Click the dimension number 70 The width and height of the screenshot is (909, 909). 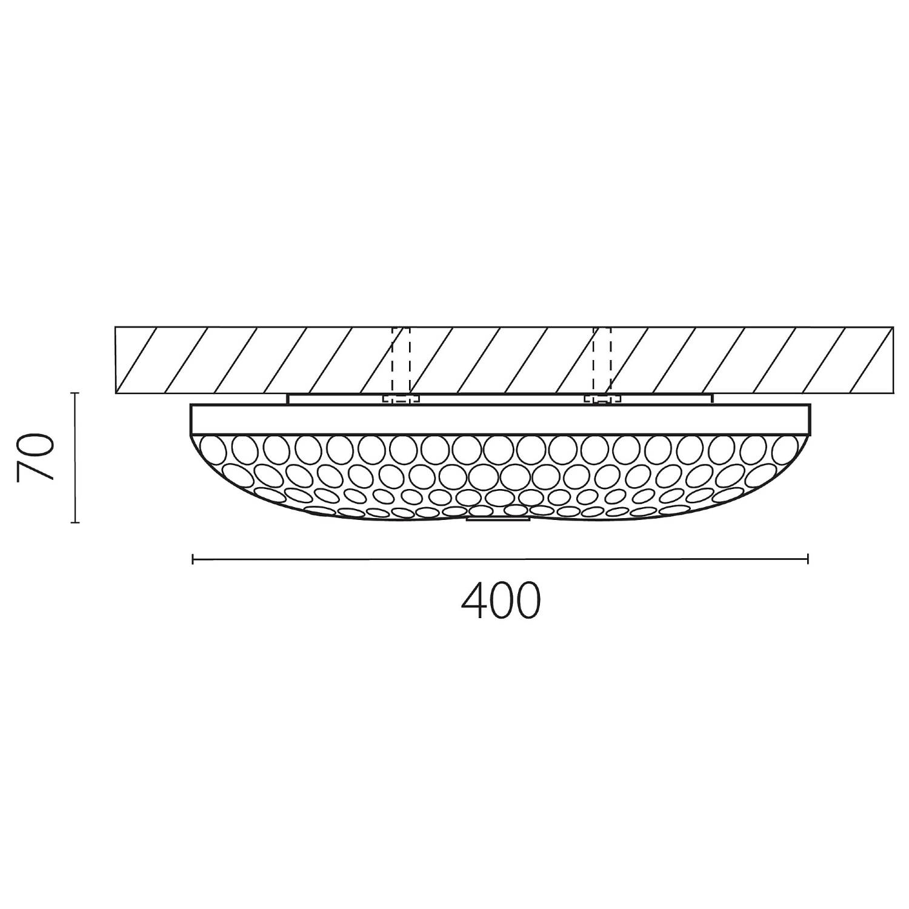pyautogui.click(x=36, y=457)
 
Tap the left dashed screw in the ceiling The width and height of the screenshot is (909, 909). pyautogui.click(x=401, y=364)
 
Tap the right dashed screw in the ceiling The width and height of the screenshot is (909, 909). pyautogui.click(x=602, y=364)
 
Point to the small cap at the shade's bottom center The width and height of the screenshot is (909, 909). pyautogui.click(x=498, y=518)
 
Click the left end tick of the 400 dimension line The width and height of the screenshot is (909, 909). pyautogui.click(x=193, y=559)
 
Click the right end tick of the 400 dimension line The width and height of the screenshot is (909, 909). pyautogui.click(x=807, y=559)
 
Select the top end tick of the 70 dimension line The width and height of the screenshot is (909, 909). pyautogui.click(x=75, y=393)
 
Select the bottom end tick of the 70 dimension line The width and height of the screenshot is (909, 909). pyautogui.click(x=75, y=522)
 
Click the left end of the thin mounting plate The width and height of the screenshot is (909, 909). pyautogui.click(x=289, y=399)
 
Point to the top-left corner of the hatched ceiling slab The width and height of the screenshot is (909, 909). pyautogui.click(x=116, y=328)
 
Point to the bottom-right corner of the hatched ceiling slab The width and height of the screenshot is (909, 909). pyautogui.click(x=893, y=393)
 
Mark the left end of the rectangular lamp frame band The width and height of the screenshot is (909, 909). pyautogui.click(x=192, y=419)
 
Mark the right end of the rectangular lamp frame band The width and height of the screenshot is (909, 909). pyautogui.click(x=809, y=419)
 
